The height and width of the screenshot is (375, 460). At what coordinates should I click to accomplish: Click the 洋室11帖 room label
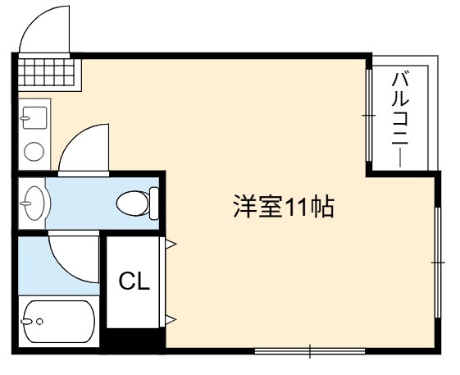[284, 207]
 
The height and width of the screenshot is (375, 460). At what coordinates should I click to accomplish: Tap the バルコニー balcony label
[400, 120]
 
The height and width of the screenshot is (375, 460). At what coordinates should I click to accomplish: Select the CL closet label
[134, 281]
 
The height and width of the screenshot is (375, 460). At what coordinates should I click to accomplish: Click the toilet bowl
[133, 204]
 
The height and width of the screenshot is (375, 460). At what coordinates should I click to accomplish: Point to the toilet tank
[154, 204]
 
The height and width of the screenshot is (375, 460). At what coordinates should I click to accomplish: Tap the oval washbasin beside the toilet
[34, 203]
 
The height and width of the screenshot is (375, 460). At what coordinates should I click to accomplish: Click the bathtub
[59, 322]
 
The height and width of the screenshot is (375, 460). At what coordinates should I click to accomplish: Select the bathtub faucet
[26, 322]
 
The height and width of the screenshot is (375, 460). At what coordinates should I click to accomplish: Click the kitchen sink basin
[34, 118]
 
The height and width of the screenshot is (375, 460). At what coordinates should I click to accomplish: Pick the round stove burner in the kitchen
[34, 152]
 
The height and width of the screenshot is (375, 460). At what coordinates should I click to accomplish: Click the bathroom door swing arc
[65, 268]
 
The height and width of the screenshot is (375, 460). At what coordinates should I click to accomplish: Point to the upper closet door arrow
[171, 244]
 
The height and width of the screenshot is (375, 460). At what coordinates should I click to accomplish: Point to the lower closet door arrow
[171, 319]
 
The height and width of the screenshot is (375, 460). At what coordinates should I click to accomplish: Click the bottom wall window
[310, 351]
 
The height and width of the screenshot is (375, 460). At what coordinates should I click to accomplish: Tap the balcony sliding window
[369, 115]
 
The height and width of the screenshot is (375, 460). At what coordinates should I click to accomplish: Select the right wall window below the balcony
[438, 263]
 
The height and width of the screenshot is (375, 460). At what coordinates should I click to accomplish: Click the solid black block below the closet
[132, 338]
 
